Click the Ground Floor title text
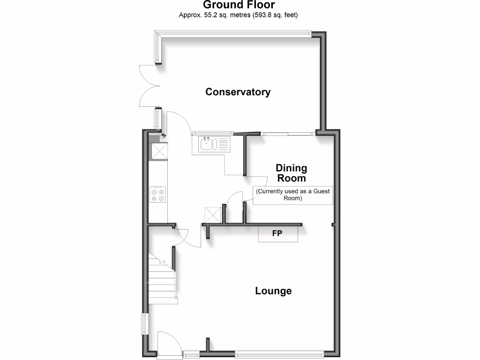point(239,5)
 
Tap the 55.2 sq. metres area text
point(239,15)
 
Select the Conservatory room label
point(238,92)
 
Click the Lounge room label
point(273,291)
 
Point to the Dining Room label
point(291,173)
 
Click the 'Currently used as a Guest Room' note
point(293,195)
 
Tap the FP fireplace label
point(277,233)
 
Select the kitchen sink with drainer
point(211,144)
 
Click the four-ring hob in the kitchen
point(157,195)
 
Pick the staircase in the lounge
point(161,280)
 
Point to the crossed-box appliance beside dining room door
point(213,215)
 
